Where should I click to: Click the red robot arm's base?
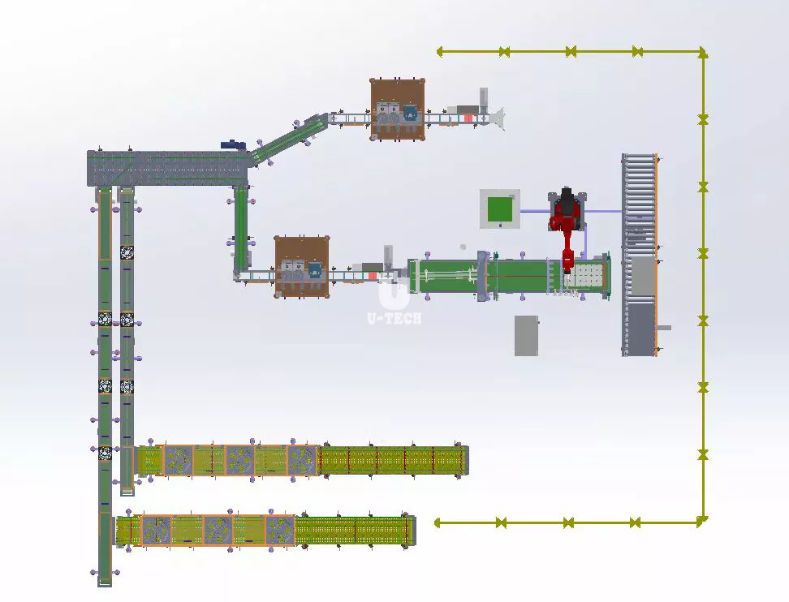tap(567, 209)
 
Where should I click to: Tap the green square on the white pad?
tap(500, 209)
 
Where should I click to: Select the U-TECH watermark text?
tap(394, 318)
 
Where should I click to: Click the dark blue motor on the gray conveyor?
tap(233, 145)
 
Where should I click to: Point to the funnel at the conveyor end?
tap(497, 118)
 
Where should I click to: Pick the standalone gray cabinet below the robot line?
tap(526, 336)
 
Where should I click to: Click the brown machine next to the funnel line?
tap(398, 110)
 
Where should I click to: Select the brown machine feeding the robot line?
tap(301, 267)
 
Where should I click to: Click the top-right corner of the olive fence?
tap(704, 51)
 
